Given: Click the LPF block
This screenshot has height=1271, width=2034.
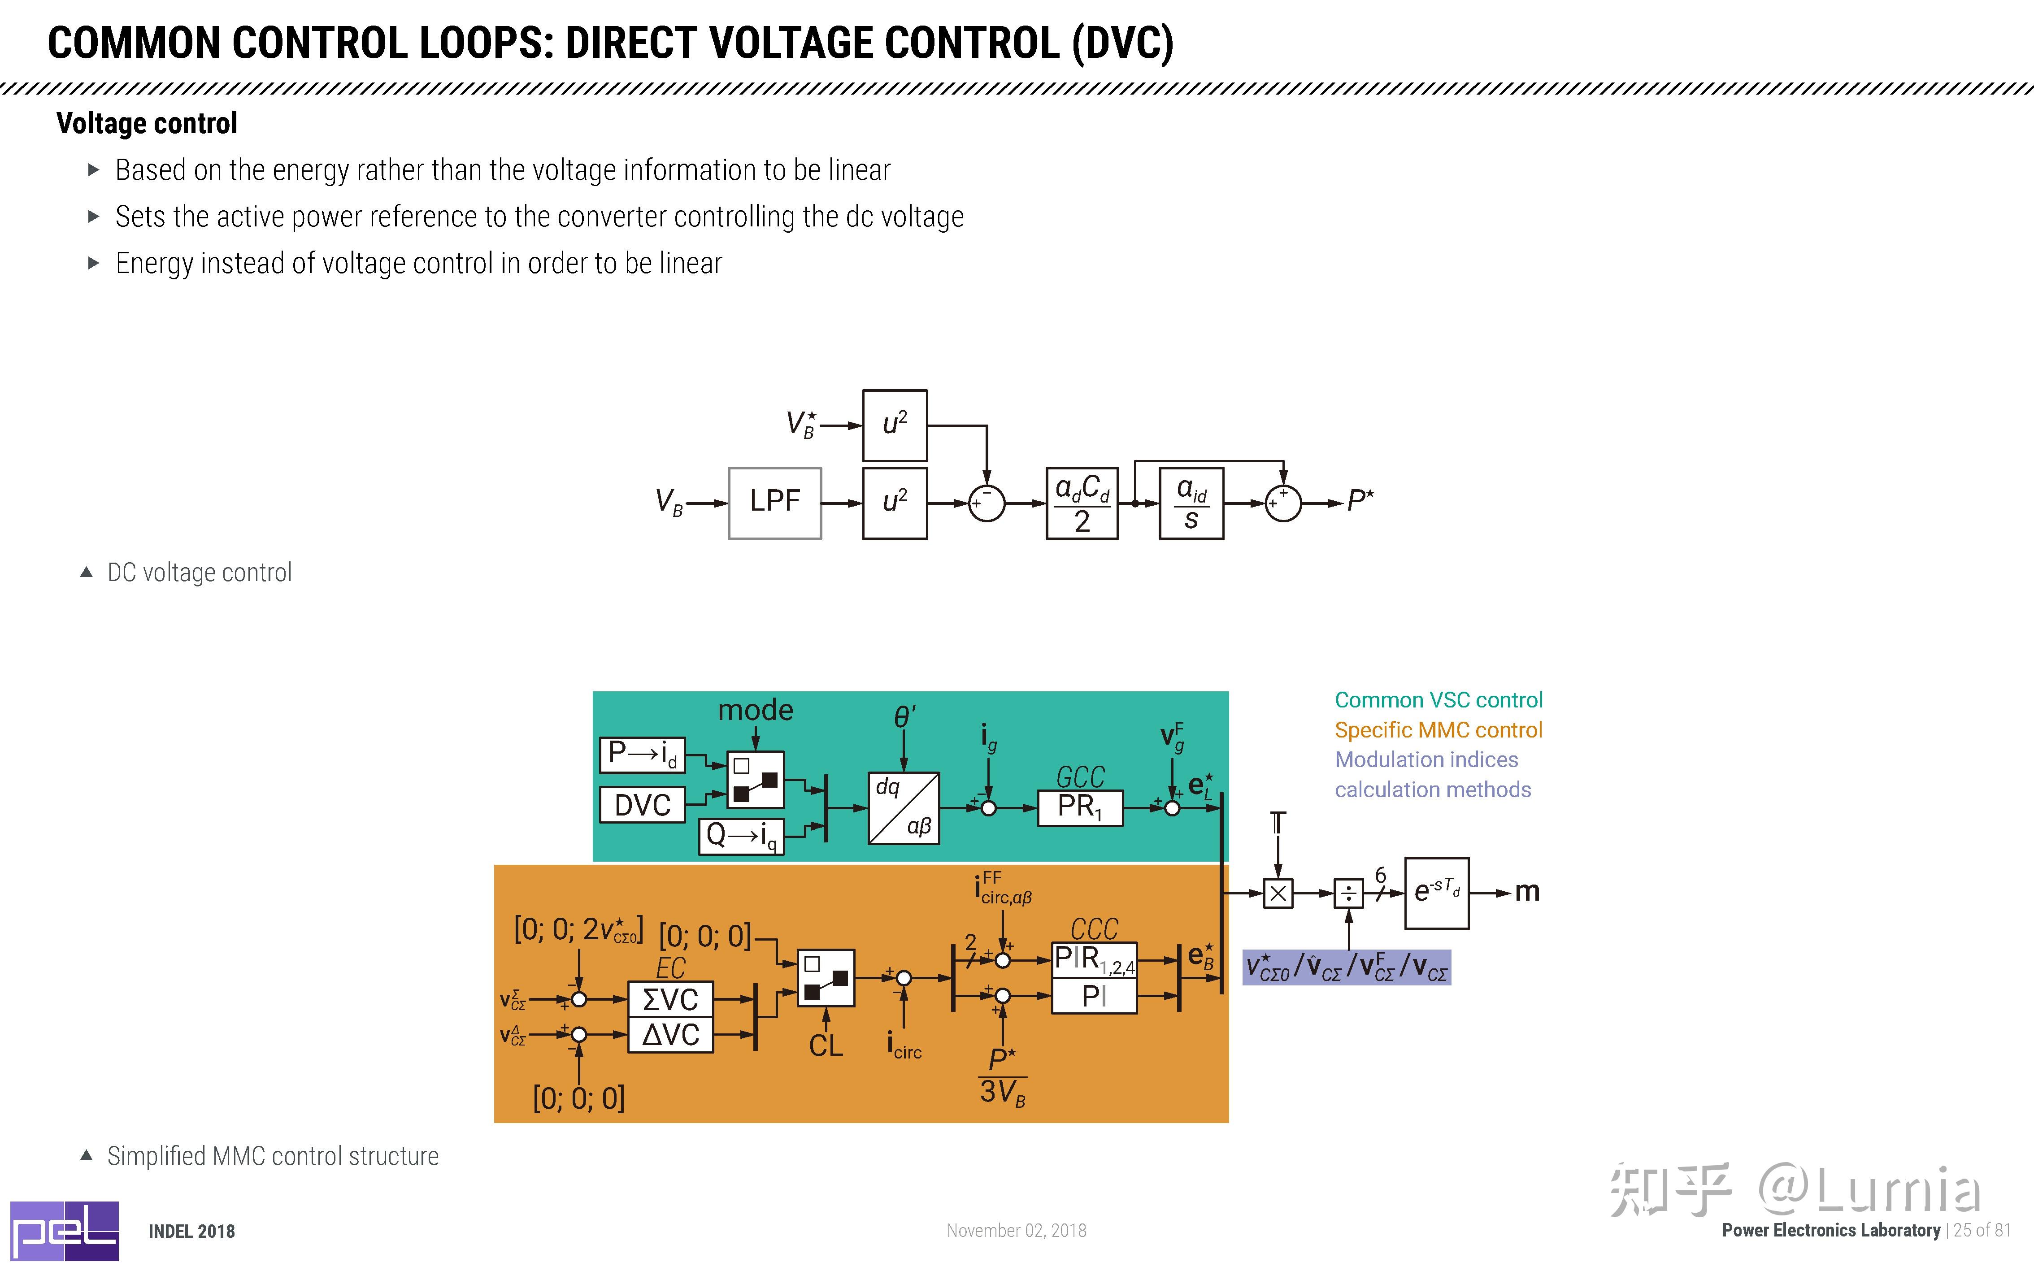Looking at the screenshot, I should click(774, 503).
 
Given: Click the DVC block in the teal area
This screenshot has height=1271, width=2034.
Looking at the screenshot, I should click(642, 804).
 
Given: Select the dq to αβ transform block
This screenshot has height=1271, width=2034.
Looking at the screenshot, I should click(903, 808).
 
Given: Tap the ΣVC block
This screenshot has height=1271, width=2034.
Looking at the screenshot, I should click(670, 999).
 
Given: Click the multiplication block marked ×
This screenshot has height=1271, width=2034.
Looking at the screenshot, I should click(1278, 893).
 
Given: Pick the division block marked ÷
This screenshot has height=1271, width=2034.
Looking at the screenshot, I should click(1348, 893).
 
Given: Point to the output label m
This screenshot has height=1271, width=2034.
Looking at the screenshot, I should click(1526, 891).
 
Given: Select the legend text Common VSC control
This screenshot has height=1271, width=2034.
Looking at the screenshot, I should click(1438, 700).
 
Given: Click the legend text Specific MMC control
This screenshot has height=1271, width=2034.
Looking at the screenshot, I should click(1438, 730).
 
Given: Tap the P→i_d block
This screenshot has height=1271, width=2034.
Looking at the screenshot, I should click(642, 754).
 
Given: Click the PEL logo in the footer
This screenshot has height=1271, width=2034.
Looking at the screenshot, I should click(64, 1231).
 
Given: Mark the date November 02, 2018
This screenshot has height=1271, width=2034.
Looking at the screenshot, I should click(1016, 1231).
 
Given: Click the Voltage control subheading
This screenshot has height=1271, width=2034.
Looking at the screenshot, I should click(147, 124).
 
